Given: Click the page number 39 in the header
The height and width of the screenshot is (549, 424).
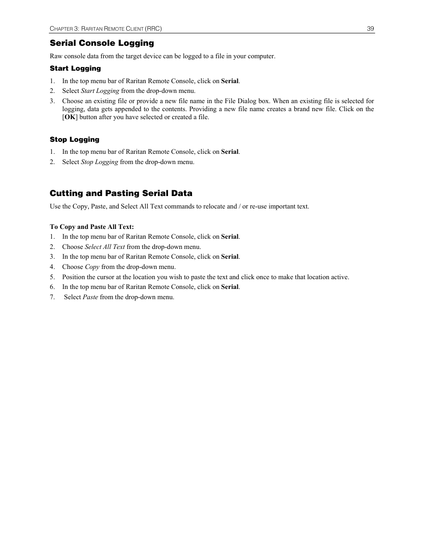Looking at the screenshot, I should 370,29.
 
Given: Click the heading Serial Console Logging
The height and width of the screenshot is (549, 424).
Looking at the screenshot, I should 102,43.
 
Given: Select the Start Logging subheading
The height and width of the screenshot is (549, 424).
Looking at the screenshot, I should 75,68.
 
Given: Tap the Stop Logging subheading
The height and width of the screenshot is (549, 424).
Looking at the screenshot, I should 74,140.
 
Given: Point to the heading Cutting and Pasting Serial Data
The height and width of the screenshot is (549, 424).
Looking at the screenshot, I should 121,193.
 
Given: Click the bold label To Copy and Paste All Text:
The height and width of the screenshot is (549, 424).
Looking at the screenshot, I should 92,227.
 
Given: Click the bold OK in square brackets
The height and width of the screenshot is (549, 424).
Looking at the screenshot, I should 69,117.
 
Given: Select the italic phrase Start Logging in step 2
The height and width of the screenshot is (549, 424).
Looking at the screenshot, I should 100,91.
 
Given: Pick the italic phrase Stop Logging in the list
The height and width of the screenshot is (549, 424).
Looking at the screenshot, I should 100,162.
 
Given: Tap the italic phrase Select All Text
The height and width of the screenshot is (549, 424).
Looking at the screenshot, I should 105,247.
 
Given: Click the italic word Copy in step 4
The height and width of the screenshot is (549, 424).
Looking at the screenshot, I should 92,267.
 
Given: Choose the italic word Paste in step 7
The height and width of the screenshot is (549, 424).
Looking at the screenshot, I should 90,297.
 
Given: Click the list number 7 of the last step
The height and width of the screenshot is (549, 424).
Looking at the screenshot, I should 52,297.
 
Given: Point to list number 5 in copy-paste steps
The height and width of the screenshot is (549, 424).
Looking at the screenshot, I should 52,277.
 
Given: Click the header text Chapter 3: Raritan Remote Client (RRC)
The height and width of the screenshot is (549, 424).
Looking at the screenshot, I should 106,29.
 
